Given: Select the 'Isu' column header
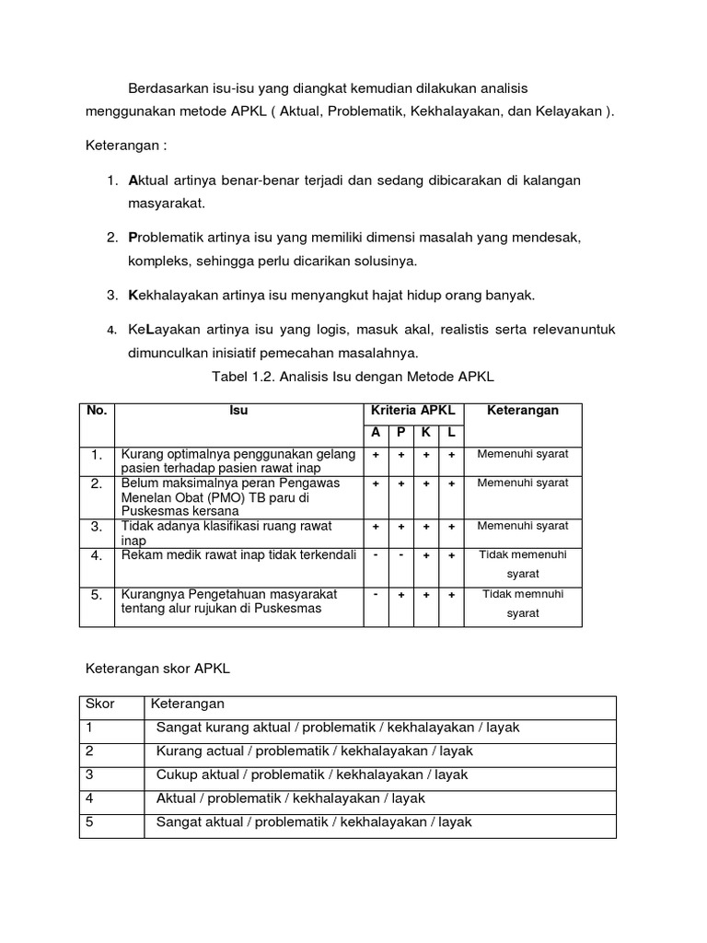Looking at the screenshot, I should coord(238,411).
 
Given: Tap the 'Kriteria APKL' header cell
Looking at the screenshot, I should coord(413,411).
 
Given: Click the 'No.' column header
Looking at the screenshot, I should coord(97,411).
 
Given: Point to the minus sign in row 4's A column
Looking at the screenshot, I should coord(376,554).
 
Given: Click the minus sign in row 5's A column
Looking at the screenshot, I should coord(376,594).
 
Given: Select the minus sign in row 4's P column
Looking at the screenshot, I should coord(400,554).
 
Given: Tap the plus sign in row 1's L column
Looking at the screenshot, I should coord(451,454).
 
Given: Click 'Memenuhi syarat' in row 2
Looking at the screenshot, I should coord(523,483).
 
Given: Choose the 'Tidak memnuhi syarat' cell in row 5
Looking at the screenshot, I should coord(523,603).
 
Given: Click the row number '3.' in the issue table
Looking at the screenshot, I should coord(96,527).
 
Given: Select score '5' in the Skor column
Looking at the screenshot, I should coord(89,822).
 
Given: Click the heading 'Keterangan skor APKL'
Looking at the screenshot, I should coord(157,669).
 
